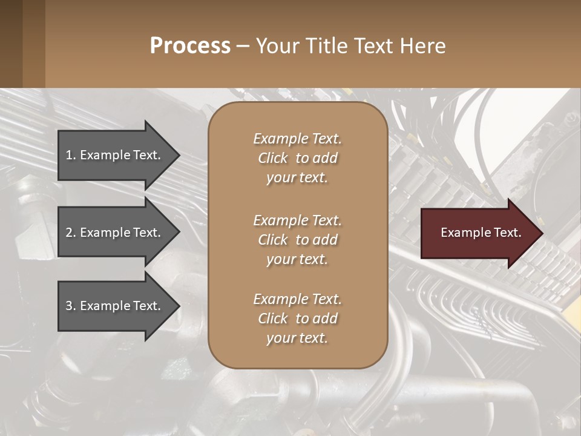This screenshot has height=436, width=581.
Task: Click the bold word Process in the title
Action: pos(190,46)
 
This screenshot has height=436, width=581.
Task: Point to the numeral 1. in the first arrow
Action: pos(71,155)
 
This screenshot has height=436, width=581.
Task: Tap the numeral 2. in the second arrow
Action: pos(71,233)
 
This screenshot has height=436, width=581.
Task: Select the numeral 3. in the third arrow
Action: pos(71,306)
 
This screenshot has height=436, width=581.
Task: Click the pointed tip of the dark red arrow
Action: pos(540,233)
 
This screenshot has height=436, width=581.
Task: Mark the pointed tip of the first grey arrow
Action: pos(177,155)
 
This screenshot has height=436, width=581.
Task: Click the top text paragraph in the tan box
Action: pos(297,158)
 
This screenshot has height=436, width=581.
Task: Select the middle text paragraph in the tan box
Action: pos(297,239)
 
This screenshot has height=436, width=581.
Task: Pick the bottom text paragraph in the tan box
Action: pos(297,319)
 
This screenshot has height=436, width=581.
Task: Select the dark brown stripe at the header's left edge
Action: pos(11,44)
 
